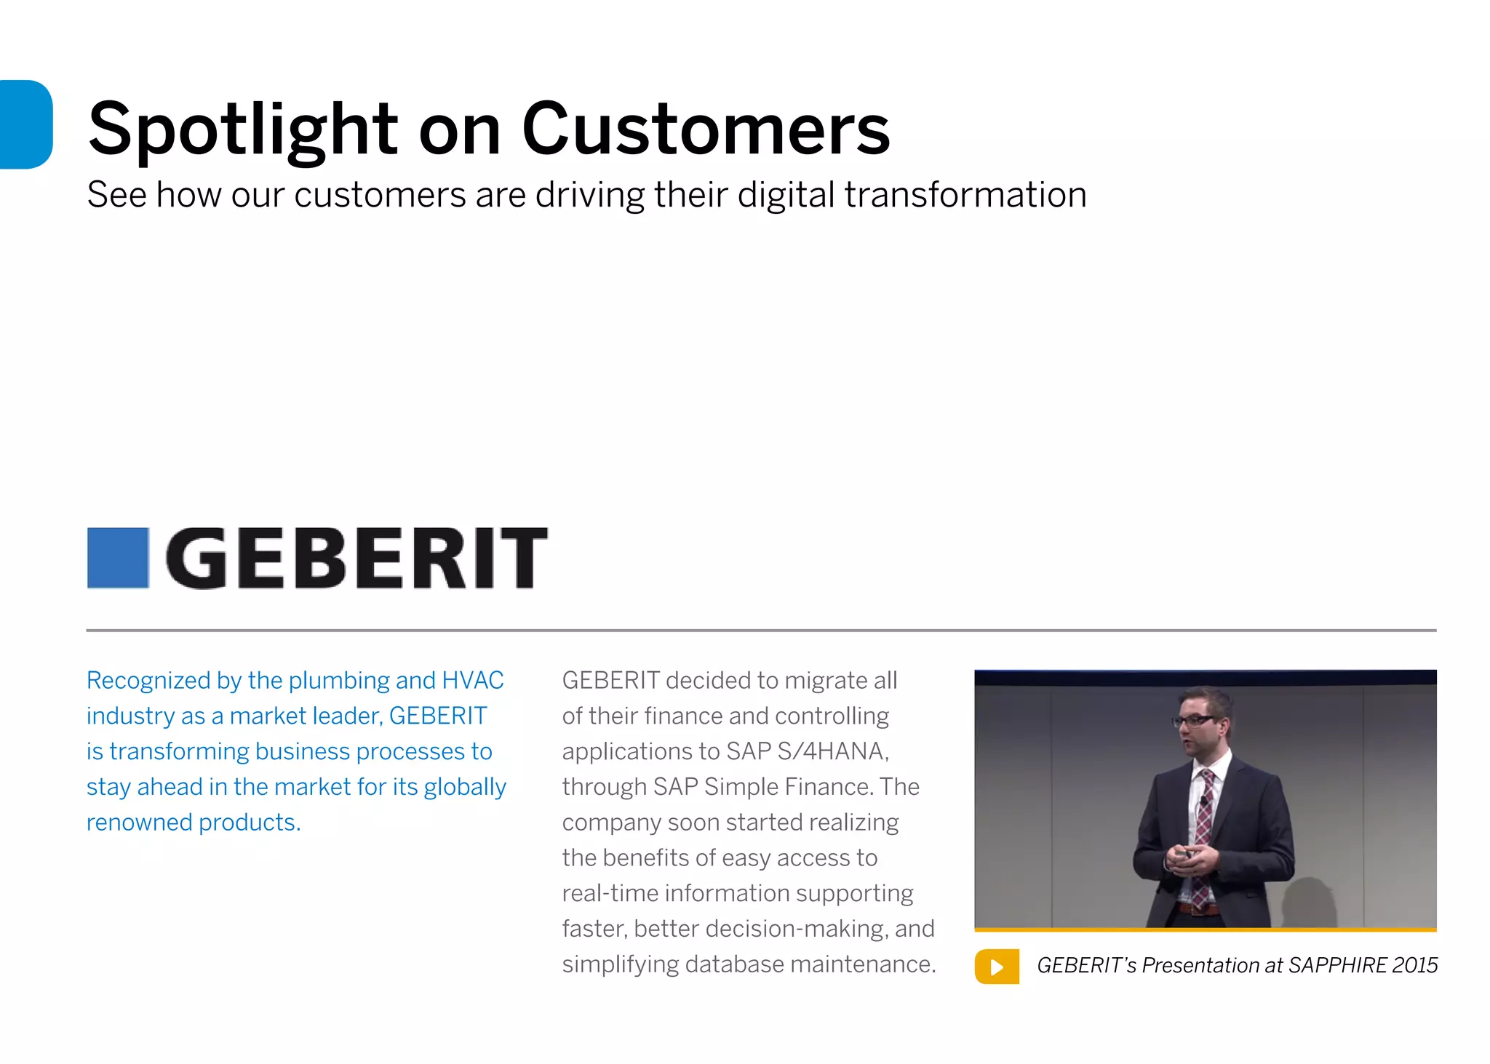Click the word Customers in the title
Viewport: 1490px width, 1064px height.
tap(706, 129)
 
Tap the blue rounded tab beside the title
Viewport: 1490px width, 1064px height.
tap(26, 124)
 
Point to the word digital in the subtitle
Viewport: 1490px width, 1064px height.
tap(786, 196)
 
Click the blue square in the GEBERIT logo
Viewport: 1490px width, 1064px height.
tap(118, 558)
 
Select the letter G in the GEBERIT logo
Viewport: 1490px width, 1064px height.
tap(196, 558)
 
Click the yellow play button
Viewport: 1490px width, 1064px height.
tap(997, 967)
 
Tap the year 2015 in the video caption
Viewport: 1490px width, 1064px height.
tap(1414, 965)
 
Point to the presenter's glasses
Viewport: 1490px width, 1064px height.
tap(1193, 721)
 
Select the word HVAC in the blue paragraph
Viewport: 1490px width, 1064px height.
tap(473, 681)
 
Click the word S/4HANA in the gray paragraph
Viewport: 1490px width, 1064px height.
tap(833, 751)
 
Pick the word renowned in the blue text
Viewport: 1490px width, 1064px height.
tap(139, 823)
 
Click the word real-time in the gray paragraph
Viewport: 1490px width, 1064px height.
tap(610, 893)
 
